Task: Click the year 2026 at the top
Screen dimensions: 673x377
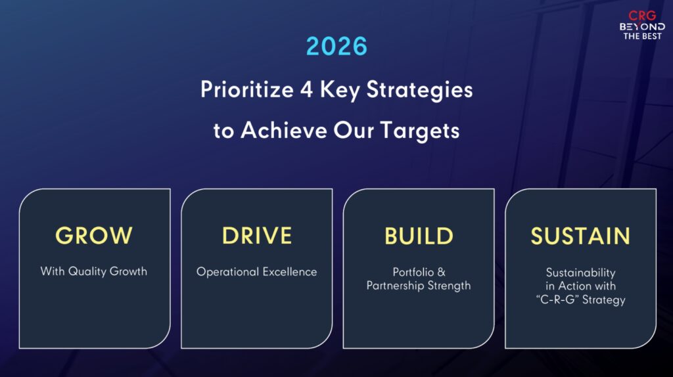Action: click(337, 47)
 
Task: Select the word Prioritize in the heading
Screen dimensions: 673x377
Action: click(247, 89)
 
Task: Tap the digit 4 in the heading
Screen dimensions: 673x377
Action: click(306, 89)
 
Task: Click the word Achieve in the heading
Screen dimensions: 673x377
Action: click(284, 130)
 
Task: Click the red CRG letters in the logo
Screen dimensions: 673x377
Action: click(642, 16)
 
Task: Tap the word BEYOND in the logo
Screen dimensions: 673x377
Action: click(642, 26)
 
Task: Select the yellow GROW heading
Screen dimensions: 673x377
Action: click(94, 236)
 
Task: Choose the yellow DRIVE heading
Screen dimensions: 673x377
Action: click(257, 236)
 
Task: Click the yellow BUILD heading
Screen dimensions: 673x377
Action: click(419, 236)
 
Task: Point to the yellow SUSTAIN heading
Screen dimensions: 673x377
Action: click(580, 236)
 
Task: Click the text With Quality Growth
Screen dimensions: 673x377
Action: click(93, 271)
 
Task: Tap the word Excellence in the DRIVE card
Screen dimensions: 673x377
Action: click(290, 272)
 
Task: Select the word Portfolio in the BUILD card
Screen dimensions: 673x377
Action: click(413, 272)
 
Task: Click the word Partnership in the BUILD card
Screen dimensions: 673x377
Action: click(395, 286)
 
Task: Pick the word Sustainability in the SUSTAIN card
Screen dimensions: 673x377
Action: click(580, 273)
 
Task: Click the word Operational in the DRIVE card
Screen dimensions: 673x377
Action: click(227, 272)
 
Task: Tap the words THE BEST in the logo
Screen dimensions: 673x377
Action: click(642, 37)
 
